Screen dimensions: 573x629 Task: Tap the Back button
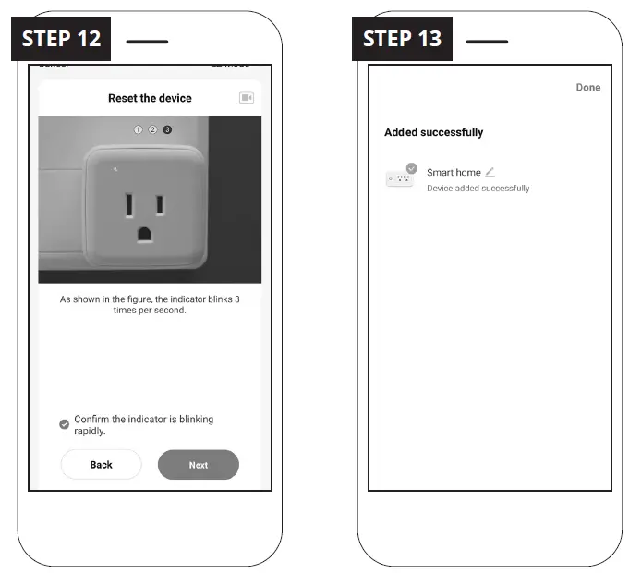101,465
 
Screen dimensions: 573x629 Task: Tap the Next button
198,465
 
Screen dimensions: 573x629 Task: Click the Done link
587,88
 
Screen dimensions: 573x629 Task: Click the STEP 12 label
61,39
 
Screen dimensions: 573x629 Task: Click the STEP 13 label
402,39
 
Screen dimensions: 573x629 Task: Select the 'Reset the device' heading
150,98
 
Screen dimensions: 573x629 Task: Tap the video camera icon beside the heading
246,98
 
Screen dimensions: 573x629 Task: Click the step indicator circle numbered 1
139,129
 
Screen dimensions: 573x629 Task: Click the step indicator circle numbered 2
152,129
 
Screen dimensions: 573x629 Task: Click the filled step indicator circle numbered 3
167,129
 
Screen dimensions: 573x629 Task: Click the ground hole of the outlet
145,233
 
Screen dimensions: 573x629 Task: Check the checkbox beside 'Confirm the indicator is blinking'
64,424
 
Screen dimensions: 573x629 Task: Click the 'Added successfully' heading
433,132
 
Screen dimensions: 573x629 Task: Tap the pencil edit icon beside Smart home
490,172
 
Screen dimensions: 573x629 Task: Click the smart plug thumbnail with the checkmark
400,177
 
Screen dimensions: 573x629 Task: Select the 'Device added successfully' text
478,189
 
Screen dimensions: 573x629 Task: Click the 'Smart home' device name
454,173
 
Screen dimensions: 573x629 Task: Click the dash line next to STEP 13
487,42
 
